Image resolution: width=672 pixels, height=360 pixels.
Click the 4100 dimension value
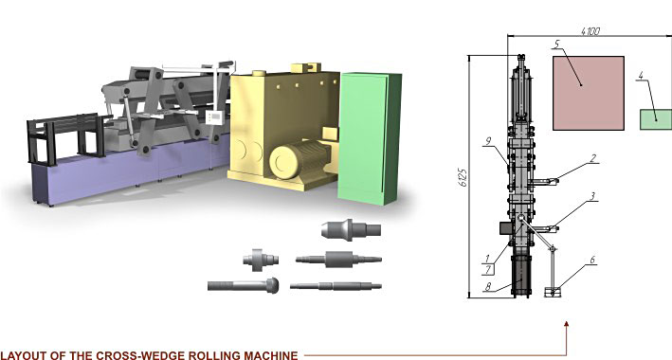point(590,31)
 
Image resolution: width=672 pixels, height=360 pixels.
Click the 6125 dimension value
point(463,177)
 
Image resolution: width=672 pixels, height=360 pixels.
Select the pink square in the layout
point(589,93)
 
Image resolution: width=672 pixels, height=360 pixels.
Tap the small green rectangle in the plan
point(656,119)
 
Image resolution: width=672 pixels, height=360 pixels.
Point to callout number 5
point(556,45)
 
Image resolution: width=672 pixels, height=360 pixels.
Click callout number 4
point(641,76)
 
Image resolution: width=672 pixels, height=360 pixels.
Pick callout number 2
point(592,158)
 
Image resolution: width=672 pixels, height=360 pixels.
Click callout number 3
point(592,196)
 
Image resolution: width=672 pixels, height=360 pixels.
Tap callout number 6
point(592,260)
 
